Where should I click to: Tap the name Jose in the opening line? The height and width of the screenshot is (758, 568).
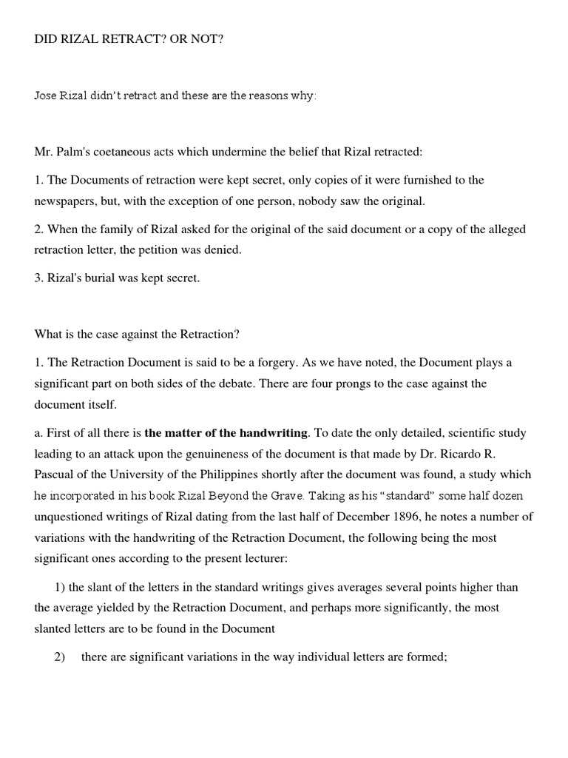tap(47, 96)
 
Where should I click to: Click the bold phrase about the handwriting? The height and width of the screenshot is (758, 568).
tap(226, 432)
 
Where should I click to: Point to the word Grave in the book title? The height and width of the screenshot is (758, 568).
tap(281, 495)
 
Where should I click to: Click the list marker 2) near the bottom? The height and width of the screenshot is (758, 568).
tap(61, 657)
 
